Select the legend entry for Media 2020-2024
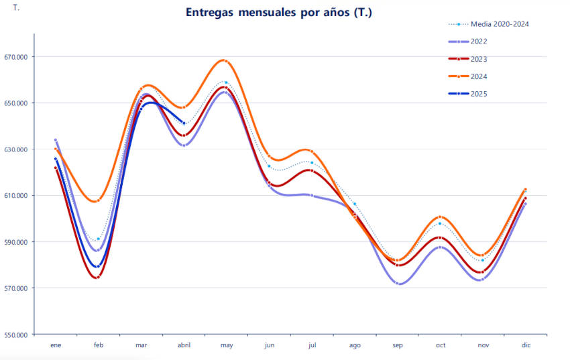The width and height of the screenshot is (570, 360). [x=499, y=24]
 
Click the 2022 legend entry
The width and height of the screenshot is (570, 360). [x=479, y=42]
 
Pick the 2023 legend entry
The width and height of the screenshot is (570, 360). [x=479, y=59]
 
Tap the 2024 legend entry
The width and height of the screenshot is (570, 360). [x=479, y=76]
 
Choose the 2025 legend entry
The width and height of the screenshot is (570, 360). [x=479, y=94]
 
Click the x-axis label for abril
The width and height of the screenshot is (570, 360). [x=184, y=345]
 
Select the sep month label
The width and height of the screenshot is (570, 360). [x=398, y=345]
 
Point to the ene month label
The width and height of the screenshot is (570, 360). [x=56, y=345]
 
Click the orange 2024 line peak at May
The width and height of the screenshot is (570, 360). [x=226, y=60]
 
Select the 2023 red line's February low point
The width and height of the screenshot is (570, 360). [x=98, y=277]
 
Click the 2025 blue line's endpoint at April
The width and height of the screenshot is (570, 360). [x=184, y=123]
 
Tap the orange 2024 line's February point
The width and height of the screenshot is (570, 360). [x=98, y=200]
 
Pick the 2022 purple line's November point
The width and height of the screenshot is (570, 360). [x=482, y=280]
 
